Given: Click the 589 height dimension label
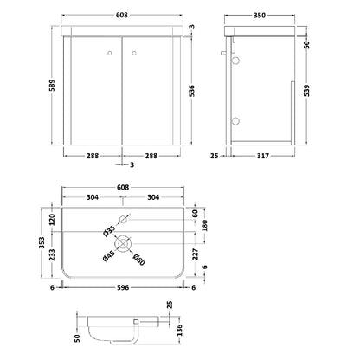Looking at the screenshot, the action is coord(52,86).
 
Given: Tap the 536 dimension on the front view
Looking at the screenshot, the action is coord(192,91).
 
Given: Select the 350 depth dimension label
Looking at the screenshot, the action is coord(260,16).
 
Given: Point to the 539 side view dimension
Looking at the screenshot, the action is coord(307,91).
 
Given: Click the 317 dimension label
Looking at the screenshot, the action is coord(263,156).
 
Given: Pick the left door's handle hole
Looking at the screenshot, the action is coord(109,53).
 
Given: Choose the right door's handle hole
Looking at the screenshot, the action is coord(134,53).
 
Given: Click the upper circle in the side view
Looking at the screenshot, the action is coord(235,61).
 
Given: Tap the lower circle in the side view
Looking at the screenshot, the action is coord(235,120).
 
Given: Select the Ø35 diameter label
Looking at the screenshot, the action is coord(109,230).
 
